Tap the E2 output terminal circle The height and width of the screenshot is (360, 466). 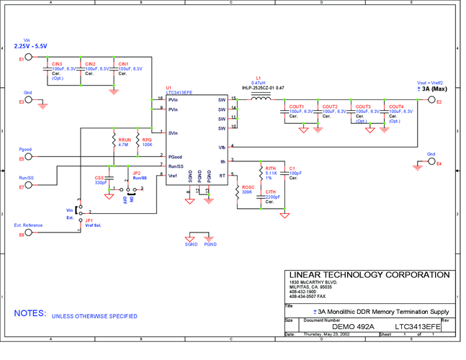(x=431, y=102)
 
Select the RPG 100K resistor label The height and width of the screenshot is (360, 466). (x=146, y=142)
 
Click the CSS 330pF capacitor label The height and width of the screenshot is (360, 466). (x=100, y=180)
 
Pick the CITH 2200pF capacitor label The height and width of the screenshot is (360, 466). (x=273, y=194)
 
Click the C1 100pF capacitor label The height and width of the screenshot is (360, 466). (x=295, y=171)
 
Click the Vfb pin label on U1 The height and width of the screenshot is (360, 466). (x=223, y=147)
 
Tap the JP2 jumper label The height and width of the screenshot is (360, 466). (x=137, y=174)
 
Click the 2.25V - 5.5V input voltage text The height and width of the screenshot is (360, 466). (x=30, y=46)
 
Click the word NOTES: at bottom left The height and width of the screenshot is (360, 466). (x=30, y=315)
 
